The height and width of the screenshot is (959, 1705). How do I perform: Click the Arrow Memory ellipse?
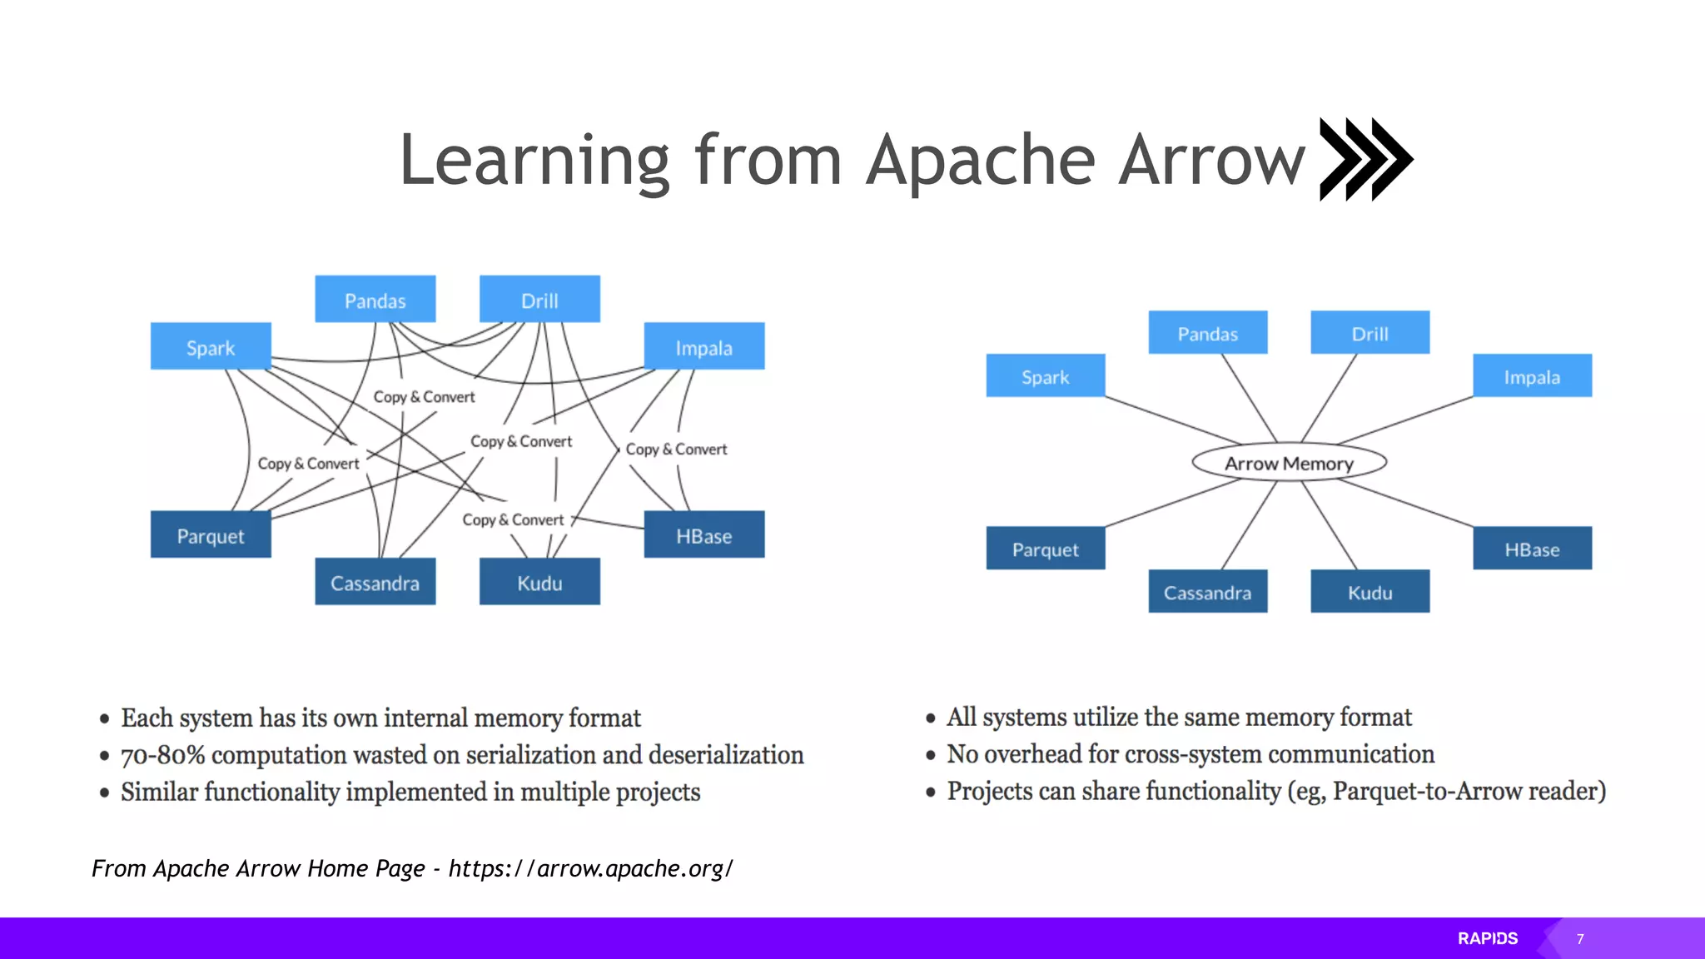tap(1289, 463)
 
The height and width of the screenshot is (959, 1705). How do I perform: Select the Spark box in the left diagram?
tap(211, 346)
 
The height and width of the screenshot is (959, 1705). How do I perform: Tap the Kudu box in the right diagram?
tap(1369, 592)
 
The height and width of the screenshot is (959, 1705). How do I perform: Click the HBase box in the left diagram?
tap(703, 535)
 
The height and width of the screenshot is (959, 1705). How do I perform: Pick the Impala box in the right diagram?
tap(1532, 376)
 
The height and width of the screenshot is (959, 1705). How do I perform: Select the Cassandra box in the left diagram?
tap(375, 582)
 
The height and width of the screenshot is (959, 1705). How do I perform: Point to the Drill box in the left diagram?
tap(539, 300)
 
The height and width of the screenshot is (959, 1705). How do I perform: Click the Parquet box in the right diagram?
tap(1045, 549)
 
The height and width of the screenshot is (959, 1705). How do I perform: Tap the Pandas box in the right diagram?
tap(1207, 333)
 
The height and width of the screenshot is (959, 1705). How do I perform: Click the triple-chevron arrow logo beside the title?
tap(1365, 159)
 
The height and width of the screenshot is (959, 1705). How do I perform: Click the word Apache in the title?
tap(981, 161)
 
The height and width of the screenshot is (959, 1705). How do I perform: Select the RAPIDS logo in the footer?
tap(1487, 938)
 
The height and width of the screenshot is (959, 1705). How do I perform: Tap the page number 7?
tap(1580, 939)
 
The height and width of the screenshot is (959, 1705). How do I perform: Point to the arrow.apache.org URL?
tap(590, 868)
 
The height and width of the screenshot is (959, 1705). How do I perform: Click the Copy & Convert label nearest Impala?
tap(676, 450)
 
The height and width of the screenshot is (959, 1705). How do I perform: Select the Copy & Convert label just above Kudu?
tap(513, 520)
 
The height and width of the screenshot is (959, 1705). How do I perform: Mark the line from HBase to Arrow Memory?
tap(1407, 504)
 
